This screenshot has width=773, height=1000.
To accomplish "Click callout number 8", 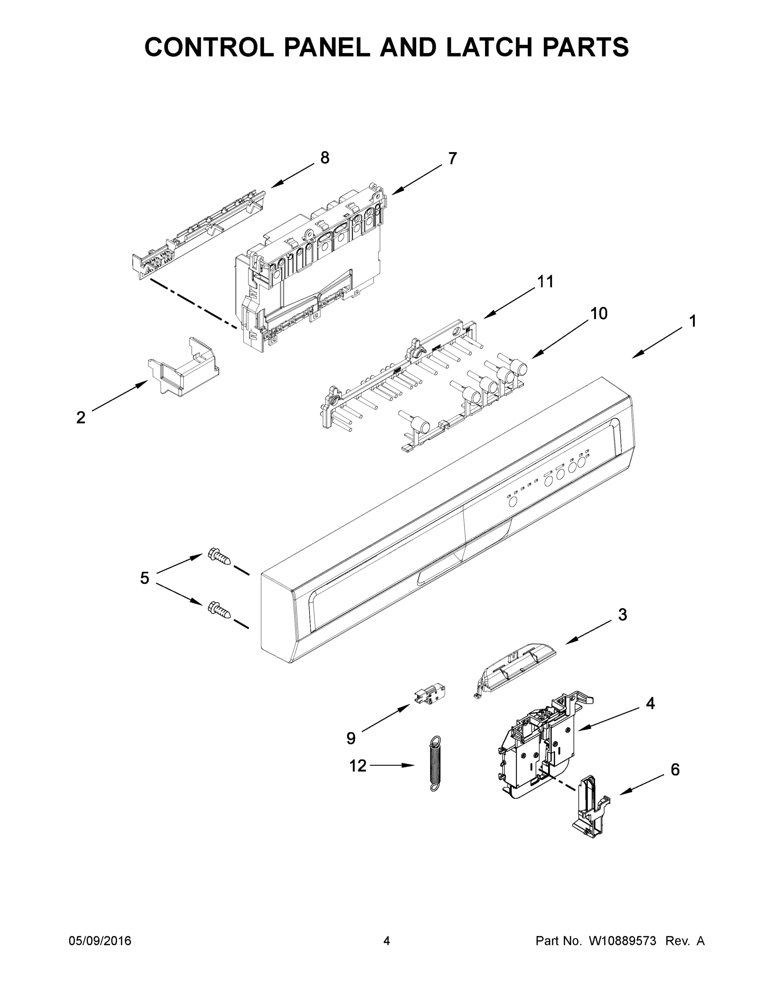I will click(324, 158).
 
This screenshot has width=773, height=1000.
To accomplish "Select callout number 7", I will click(452, 158).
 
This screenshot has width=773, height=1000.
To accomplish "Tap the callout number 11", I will click(545, 282).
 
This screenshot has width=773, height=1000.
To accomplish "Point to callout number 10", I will click(598, 314).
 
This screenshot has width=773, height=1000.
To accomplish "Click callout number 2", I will click(80, 417).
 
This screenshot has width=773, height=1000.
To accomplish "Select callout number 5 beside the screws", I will click(145, 578).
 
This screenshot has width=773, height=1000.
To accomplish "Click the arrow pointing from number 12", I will click(392, 765).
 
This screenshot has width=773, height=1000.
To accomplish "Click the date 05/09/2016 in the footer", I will click(100, 941).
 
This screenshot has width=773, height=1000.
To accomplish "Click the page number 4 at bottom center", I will click(387, 941).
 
